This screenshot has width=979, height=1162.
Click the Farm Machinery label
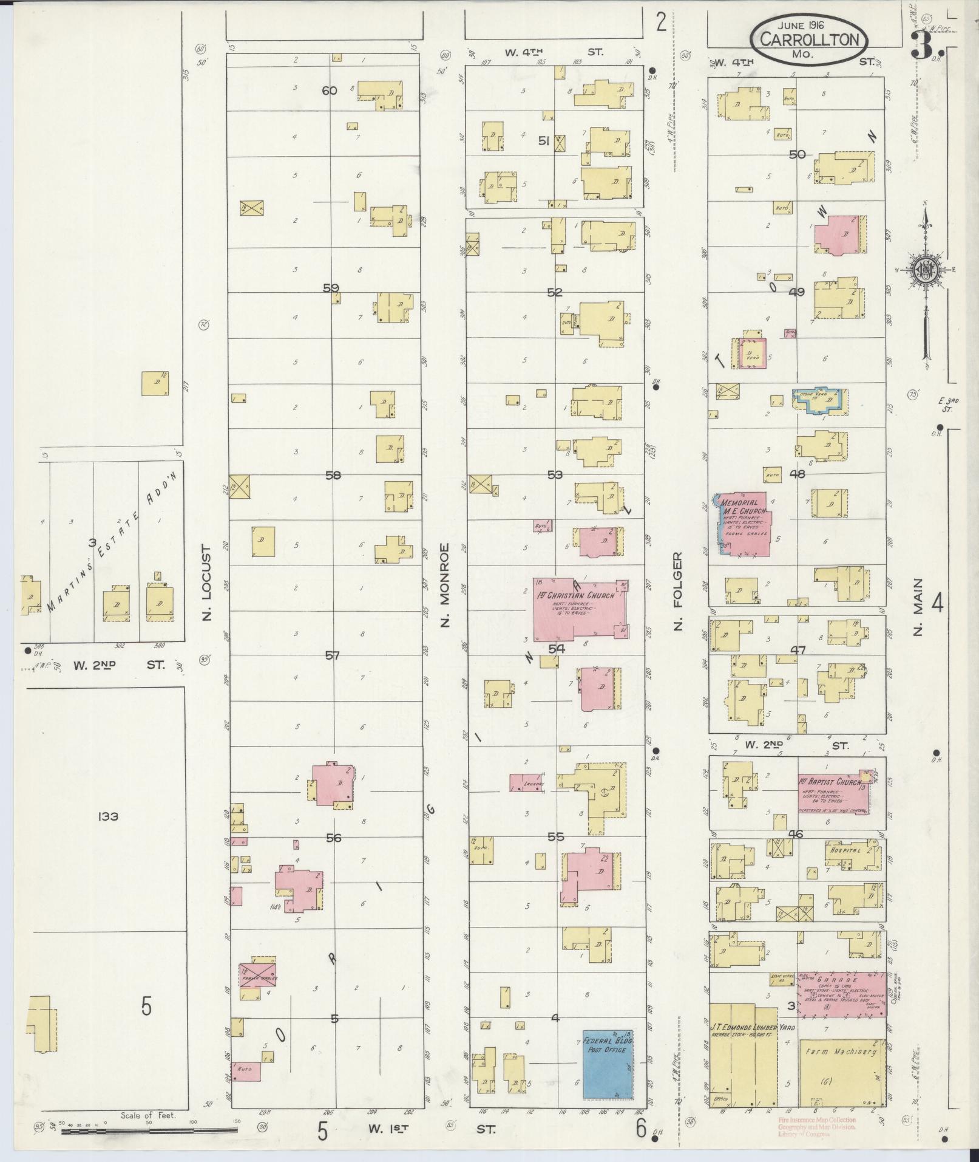coord(840,1051)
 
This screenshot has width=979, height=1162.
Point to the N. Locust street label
coord(207,583)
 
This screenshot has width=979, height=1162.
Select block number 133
coord(106,816)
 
